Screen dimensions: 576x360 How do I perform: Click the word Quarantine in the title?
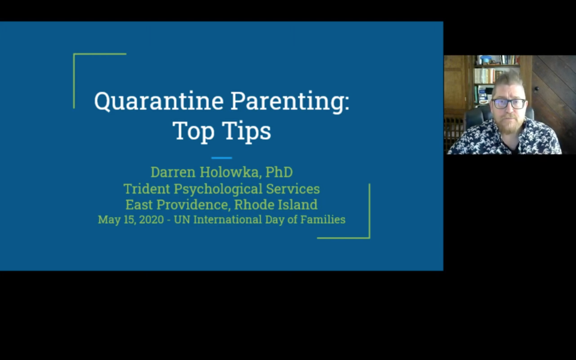click(158, 101)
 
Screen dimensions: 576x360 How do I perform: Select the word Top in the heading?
click(193, 131)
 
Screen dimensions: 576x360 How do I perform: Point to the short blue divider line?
click(221, 158)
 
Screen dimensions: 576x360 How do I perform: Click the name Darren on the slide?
click(172, 172)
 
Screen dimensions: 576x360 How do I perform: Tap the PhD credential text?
click(279, 172)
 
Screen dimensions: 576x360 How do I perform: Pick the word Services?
click(293, 189)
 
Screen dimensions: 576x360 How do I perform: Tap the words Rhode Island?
click(276, 205)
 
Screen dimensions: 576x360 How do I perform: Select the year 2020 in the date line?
click(151, 220)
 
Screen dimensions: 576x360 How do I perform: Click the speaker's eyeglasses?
click(509, 103)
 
